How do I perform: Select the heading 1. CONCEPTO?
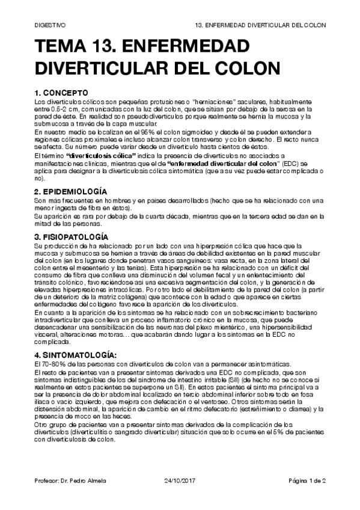61,93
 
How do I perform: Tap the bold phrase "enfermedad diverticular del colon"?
225,163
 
